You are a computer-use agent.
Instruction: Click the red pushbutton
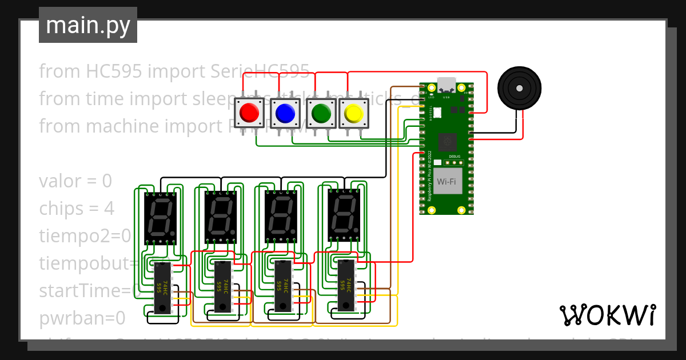[249, 113]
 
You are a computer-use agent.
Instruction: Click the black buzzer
[519, 88]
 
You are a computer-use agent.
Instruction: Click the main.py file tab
[87, 25]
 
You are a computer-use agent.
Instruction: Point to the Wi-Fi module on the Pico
[447, 181]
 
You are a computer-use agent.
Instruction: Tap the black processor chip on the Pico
[448, 141]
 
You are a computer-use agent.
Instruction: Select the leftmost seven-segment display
[161, 218]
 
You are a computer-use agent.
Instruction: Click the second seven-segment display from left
[221, 217]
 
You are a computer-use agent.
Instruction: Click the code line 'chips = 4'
[77, 209]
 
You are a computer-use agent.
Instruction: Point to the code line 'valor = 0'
[75, 181]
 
